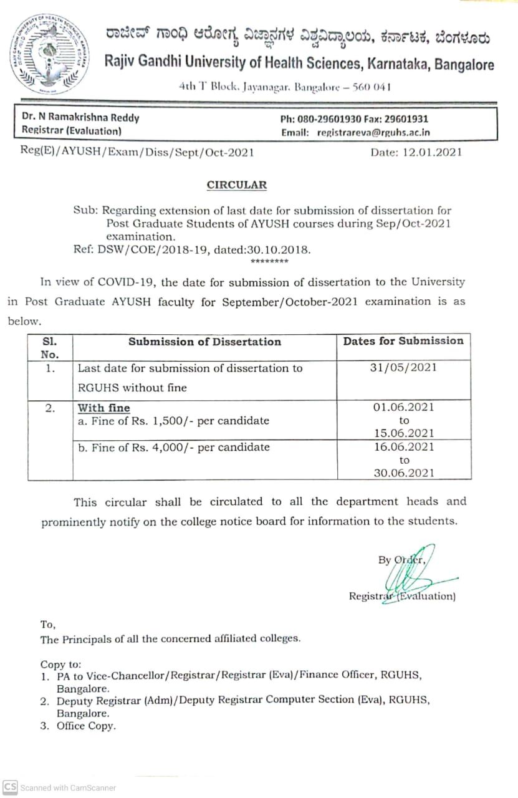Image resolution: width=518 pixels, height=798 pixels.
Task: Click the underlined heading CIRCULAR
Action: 236,185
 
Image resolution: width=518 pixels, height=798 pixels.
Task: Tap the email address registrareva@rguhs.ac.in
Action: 373,132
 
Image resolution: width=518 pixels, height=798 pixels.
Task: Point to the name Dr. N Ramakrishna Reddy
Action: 80,118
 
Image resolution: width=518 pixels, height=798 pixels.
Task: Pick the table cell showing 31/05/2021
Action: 403,367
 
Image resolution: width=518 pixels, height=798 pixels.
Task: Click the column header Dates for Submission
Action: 403,340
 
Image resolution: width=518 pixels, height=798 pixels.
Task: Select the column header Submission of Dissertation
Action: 204,341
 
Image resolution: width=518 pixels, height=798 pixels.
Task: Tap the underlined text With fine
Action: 103,408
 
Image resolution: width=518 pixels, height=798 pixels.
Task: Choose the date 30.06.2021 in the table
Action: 404,473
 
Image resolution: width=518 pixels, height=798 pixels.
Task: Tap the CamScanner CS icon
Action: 10,787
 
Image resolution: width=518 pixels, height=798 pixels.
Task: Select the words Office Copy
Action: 86,726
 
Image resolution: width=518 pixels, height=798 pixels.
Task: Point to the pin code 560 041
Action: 372,87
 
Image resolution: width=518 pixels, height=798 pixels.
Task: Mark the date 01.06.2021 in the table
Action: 404,407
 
